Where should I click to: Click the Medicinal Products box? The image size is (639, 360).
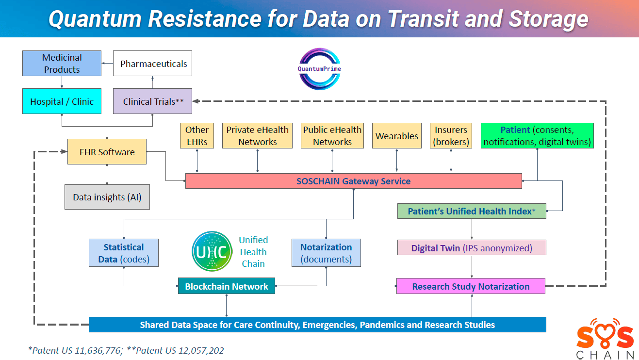62,64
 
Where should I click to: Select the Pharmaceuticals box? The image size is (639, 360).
152,64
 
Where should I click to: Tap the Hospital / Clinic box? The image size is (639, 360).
62,101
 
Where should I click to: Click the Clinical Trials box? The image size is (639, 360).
152,101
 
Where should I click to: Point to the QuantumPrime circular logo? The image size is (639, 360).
319,69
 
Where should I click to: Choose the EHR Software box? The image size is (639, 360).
107,152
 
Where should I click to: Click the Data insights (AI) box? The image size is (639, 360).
107,197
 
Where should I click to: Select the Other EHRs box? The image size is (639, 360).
197,136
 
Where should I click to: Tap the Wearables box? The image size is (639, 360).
397,136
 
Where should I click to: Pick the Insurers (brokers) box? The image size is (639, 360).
451,136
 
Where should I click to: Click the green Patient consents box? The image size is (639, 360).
537,136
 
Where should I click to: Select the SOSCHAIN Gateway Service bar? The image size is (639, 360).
353,181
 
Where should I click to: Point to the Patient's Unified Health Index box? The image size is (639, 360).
471,211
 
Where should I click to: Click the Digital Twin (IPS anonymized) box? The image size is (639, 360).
471,248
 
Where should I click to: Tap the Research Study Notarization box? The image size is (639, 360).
471,286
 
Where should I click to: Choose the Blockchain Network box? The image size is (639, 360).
226,286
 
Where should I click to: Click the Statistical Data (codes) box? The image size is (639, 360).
124,253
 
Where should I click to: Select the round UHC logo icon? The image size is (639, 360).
212,252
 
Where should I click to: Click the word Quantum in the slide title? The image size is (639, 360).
96,19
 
